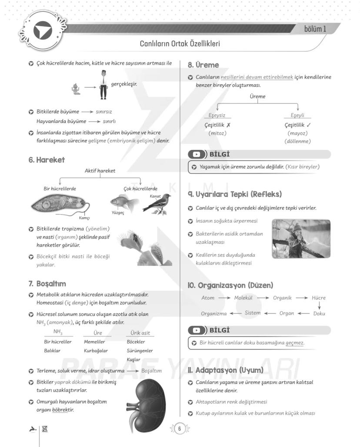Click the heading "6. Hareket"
pyautogui.click(x=47, y=160)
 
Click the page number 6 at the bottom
pyautogui.click(x=179, y=429)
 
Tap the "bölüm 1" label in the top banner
pyautogui.click(x=315, y=29)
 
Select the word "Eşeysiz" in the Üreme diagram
pyautogui.click(x=217, y=115)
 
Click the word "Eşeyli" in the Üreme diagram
pyautogui.click(x=297, y=115)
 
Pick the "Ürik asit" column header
pyautogui.click(x=140, y=333)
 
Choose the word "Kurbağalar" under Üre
pyautogui.click(x=96, y=351)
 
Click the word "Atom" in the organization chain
pyautogui.click(x=208, y=298)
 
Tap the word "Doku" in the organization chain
pyautogui.click(x=319, y=313)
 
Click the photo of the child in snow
pyautogui.click(x=301, y=238)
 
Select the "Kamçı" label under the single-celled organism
pyautogui.click(x=84, y=218)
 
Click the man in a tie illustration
pyautogui.click(x=103, y=85)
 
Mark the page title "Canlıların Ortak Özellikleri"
pyautogui.click(x=180, y=44)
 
